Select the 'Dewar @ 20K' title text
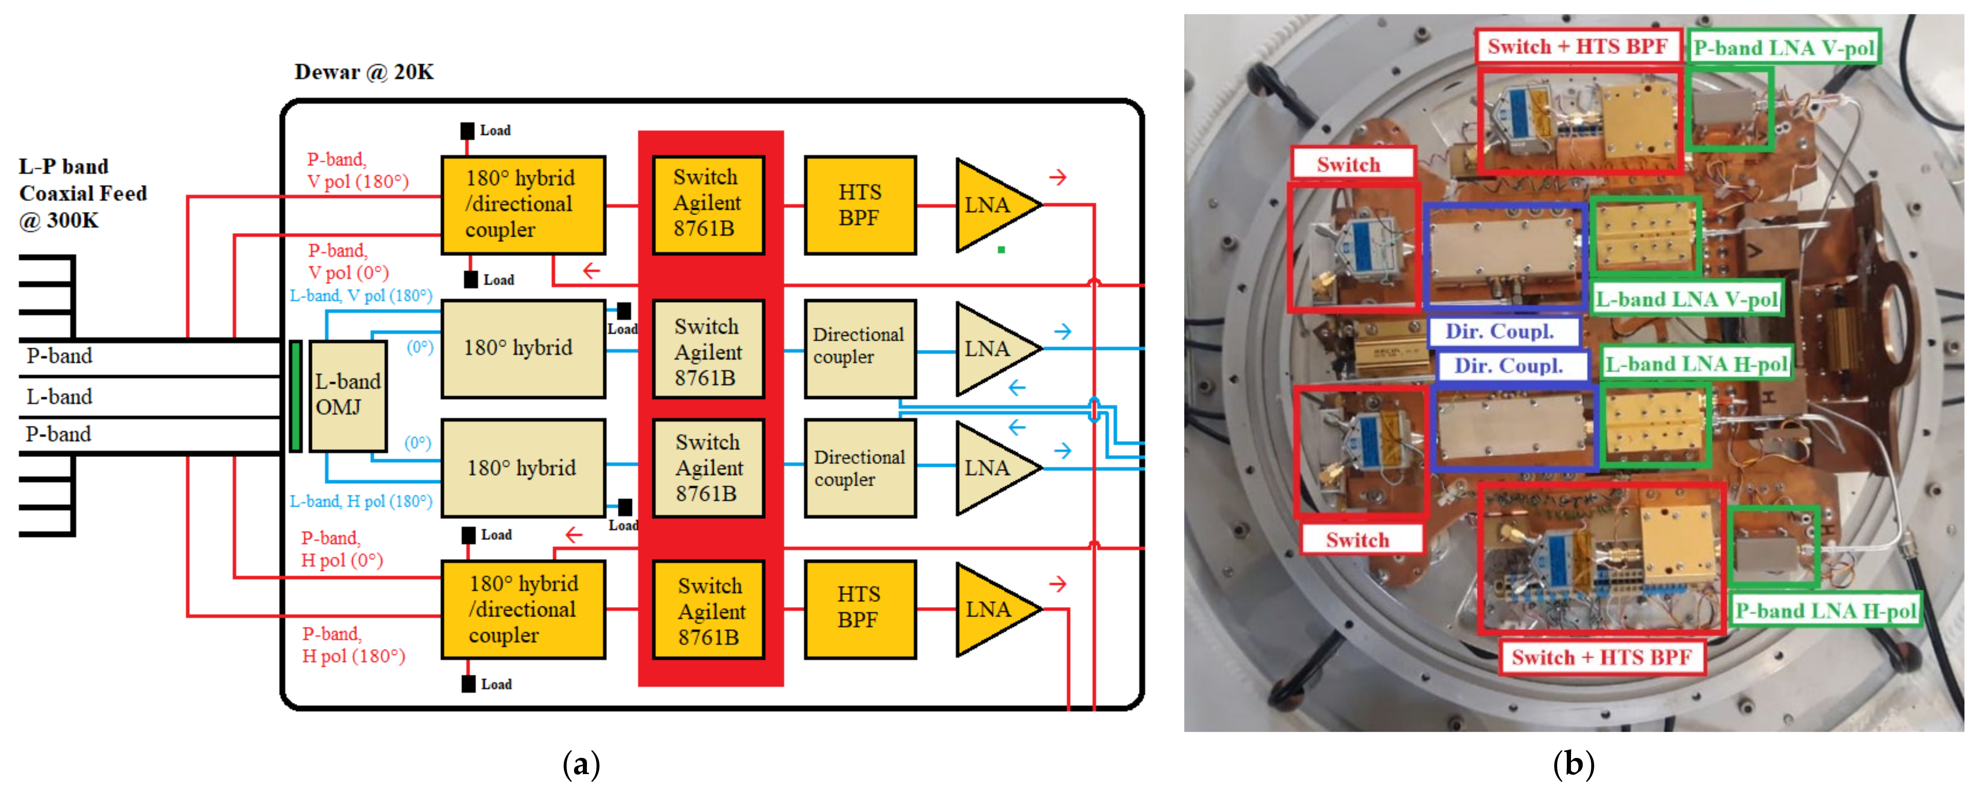[364, 72]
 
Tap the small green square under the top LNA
[1001, 249]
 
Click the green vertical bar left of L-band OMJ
[295, 396]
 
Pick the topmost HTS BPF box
[860, 205]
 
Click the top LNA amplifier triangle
[991, 205]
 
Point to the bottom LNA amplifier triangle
[991, 609]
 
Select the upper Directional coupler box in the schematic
[860, 347]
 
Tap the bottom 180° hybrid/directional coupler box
[523, 609]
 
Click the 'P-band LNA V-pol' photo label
[1784, 48]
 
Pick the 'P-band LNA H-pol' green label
[1825, 611]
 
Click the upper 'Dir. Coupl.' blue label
[1500, 331]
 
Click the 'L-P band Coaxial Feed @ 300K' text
[82, 193]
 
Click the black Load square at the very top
[467, 130]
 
